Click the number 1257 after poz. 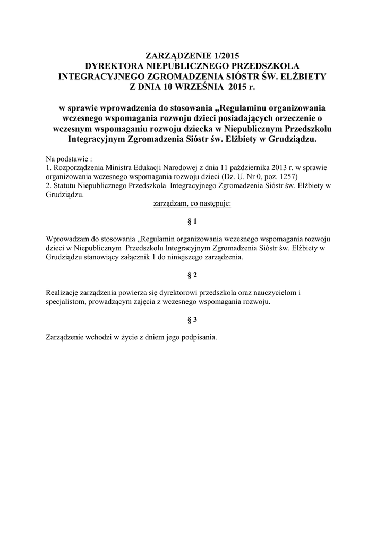tap(289, 175)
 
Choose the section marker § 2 tap(193, 275)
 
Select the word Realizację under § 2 tap(63, 292)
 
